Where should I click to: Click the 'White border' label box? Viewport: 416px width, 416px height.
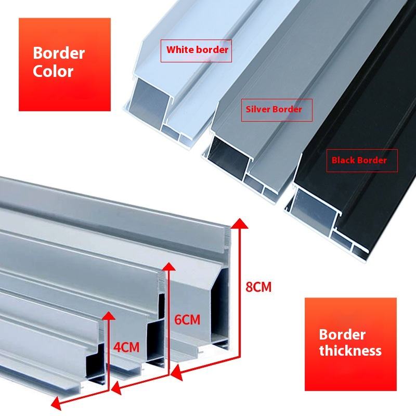click(x=197, y=50)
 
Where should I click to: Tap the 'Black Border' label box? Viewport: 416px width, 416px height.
click(x=359, y=160)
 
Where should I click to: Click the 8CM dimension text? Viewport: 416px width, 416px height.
click(x=258, y=287)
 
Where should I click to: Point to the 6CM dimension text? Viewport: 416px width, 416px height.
click(x=187, y=319)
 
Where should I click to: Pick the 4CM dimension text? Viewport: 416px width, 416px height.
click(x=126, y=347)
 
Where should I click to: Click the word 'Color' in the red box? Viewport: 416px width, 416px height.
click(x=53, y=71)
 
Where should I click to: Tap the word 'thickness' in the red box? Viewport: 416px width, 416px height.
click(x=350, y=350)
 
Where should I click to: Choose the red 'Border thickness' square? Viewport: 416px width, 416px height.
click(x=350, y=343)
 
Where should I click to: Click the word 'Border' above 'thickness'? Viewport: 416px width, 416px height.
click(x=342, y=334)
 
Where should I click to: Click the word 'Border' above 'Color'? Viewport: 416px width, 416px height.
click(x=59, y=53)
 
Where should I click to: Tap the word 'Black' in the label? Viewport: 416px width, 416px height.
click(x=344, y=160)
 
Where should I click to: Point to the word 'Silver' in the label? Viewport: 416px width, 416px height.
click(x=258, y=110)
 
